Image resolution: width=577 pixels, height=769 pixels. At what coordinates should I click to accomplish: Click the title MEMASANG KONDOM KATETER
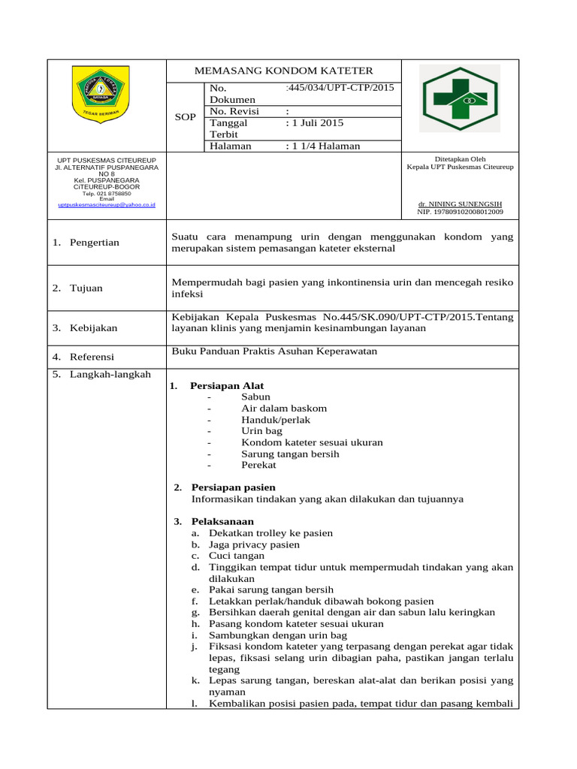point(283,71)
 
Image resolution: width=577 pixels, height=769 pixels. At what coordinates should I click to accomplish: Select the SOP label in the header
point(185,118)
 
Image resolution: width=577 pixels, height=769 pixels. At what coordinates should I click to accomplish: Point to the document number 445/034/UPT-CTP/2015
point(340,88)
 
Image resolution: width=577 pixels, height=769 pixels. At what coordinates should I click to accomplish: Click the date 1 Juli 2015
point(315,122)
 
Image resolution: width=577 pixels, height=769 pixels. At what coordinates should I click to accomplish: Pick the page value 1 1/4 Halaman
point(323,146)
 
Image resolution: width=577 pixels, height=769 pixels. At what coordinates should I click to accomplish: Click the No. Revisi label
point(234,111)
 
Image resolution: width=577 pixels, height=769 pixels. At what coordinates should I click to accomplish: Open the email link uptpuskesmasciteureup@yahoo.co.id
point(106,204)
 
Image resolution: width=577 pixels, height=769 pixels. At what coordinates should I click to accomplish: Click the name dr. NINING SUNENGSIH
point(460,204)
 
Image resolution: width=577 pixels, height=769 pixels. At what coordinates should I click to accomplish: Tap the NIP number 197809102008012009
point(460,212)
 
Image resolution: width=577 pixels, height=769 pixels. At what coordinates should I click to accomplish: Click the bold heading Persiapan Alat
point(226,385)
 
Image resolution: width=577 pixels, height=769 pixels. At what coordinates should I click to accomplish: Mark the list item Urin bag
point(261,431)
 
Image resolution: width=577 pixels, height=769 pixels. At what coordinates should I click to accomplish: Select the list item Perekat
point(258,465)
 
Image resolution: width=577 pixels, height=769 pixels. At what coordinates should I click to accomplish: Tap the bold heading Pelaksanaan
point(222,521)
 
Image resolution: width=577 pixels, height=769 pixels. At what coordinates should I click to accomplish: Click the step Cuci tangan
point(237,556)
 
